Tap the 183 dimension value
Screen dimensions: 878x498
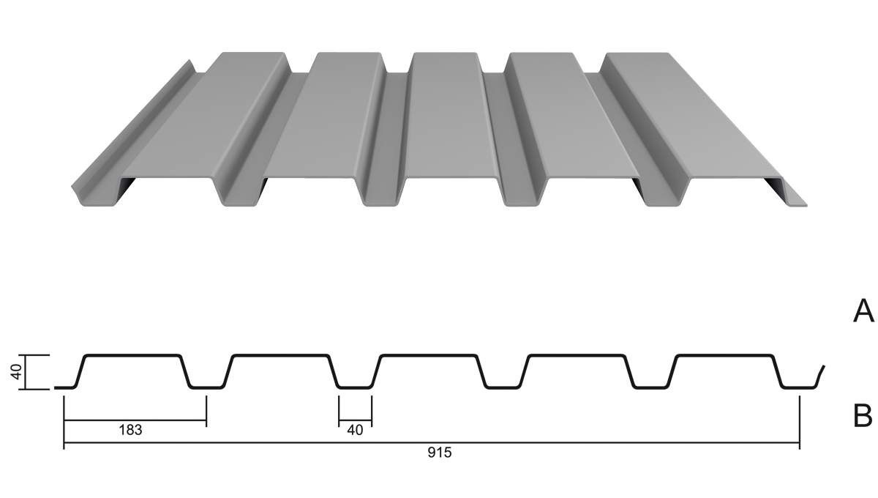tap(130, 430)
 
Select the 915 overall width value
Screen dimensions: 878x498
tap(440, 453)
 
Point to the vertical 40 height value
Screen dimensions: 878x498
tap(16, 371)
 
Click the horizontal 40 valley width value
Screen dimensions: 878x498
tap(355, 430)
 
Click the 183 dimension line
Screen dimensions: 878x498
tap(135, 420)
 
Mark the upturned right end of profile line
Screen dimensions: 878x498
tap(821, 376)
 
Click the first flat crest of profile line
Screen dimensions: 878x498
tap(133, 355)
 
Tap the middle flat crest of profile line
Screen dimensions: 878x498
tap(430, 355)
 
